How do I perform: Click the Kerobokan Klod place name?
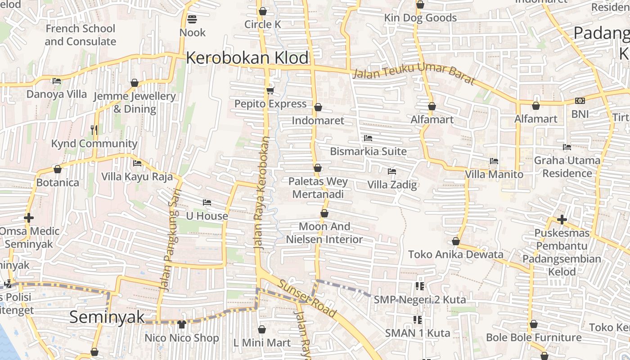[247, 58]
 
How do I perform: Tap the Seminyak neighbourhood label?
[107, 317]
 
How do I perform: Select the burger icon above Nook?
[192, 19]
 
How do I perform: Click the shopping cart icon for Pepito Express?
[270, 91]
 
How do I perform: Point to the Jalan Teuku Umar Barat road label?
[414, 74]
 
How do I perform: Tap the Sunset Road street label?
[307, 298]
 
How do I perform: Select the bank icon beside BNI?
[580, 101]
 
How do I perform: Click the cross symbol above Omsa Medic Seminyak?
[28, 218]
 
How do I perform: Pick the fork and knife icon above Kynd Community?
[94, 130]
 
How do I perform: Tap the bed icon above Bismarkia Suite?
[368, 138]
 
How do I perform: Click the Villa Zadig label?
[392, 184]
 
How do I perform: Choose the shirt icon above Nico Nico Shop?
[182, 324]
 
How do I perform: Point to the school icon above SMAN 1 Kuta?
[418, 320]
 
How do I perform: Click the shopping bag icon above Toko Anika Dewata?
[456, 241]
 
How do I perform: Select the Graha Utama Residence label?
[567, 166]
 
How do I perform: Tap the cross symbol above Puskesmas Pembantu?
[562, 220]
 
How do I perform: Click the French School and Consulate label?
[81, 35]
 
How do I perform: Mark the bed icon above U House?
[207, 202]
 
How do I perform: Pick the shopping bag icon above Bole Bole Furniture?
[534, 324]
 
